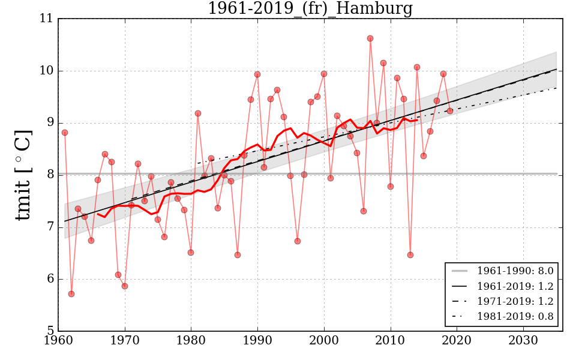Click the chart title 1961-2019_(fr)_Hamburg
(310, 9)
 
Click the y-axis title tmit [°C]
(23, 175)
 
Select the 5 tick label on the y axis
(50, 331)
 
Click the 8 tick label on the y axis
(50, 175)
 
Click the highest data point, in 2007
(370, 38)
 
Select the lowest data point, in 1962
(71, 294)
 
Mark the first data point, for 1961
(65, 133)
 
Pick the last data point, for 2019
(450, 111)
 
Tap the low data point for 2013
(410, 255)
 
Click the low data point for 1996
(298, 241)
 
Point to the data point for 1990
(257, 74)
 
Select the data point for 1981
(198, 113)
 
